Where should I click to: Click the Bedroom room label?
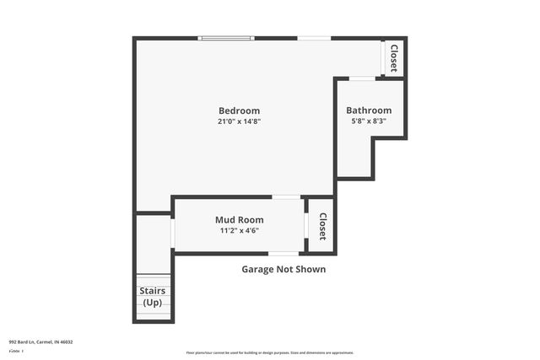pyautogui.click(x=239, y=110)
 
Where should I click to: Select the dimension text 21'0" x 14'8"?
pyautogui.click(x=239, y=121)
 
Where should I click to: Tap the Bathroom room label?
pyautogui.click(x=369, y=110)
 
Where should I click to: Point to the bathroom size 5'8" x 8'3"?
pyautogui.click(x=369, y=121)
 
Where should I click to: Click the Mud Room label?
pyautogui.click(x=239, y=219)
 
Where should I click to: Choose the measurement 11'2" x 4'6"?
pyautogui.click(x=239, y=230)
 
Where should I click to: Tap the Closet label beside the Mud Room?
pyautogui.click(x=321, y=225)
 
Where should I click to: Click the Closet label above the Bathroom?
pyautogui.click(x=393, y=57)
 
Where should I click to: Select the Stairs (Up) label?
pyautogui.click(x=153, y=297)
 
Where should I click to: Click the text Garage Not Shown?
pyautogui.click(x=283, y=270)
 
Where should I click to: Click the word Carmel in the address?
pyautogui.click(x=46, y=341)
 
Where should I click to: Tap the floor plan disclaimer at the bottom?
pyautogui.click(x=270, y=352)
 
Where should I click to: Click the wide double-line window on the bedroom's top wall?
pyautogui.click(x=225, y=38)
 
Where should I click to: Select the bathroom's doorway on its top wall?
pyautogui.click(x=363, y=78)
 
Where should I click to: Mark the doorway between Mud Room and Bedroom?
pyautogui.click(x=286, y=197)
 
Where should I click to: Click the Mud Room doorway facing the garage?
pyautogui.click(x=283, y=253)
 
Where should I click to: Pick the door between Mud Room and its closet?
pyautogui.click(x=305, y=225)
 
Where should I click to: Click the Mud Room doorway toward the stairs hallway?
pyautogui.click(x=172, y=233)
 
